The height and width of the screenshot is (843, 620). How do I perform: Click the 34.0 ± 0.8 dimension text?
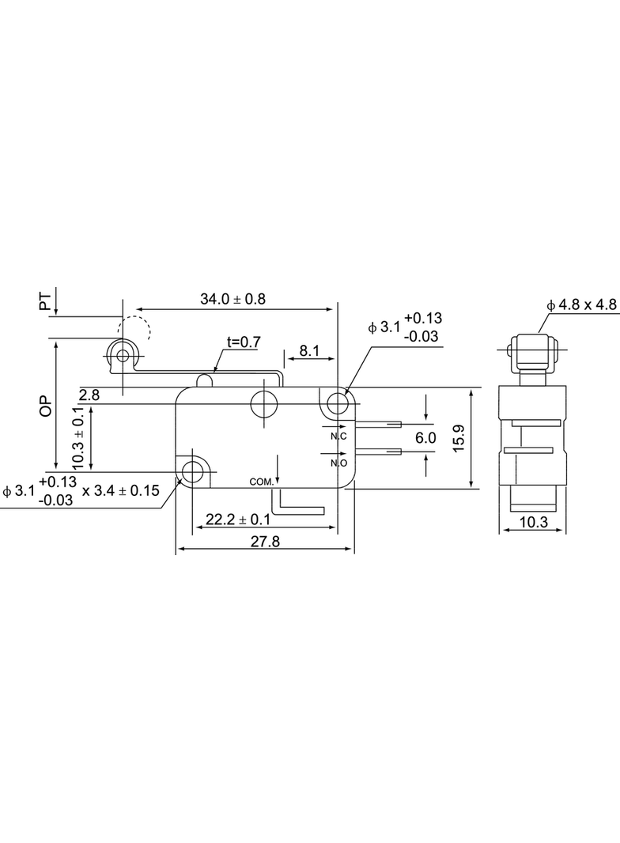232,299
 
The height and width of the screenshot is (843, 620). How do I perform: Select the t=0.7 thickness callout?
244,342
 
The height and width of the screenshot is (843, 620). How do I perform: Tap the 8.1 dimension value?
309,351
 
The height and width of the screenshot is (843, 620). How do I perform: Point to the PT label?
46,301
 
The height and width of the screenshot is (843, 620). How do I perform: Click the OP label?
46,406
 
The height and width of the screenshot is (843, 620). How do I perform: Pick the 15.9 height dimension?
458,438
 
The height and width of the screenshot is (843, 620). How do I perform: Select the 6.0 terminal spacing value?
425,438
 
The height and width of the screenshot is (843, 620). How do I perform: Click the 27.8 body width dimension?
265,542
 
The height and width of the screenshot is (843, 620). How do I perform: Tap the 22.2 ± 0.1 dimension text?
238,520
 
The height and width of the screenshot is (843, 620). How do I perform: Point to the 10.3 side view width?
534,522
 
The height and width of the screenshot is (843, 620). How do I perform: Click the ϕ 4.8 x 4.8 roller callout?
582,305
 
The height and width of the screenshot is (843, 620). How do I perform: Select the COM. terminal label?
262,482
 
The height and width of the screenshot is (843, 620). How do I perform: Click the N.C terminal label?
338,436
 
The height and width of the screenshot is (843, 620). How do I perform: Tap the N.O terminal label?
338,463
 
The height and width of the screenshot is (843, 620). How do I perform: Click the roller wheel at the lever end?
123,355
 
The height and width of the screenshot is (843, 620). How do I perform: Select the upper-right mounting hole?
337,403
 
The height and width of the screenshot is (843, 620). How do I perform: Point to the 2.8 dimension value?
89,395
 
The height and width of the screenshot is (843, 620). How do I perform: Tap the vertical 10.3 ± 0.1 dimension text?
78,437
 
